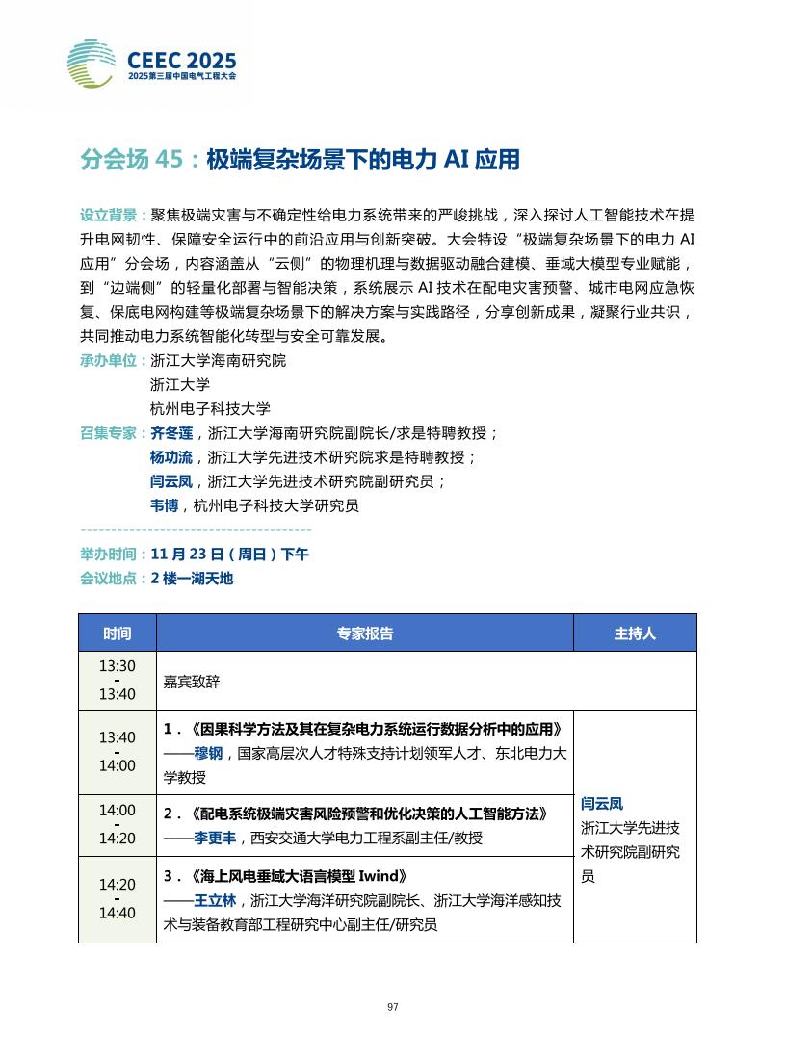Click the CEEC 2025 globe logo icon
click(92, 64)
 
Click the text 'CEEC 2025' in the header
click(182, 59)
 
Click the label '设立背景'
click(111, 214)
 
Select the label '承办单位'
click(111, 361)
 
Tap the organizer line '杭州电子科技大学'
click(211, 408)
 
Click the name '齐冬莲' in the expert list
click(171, 433)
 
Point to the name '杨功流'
click(171, 457)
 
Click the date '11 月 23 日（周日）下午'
click(230, 555)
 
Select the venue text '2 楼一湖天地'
click(192, 579)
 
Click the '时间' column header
click(118, 633)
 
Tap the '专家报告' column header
click(364, 633)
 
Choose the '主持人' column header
click(635, 633)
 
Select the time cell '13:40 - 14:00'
click(118, 752)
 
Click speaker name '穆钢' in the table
click(209, 754)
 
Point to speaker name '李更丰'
click(216, 839)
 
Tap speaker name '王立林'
click(216, 901)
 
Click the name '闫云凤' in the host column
click(602, 803)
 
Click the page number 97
click(392, 1007)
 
